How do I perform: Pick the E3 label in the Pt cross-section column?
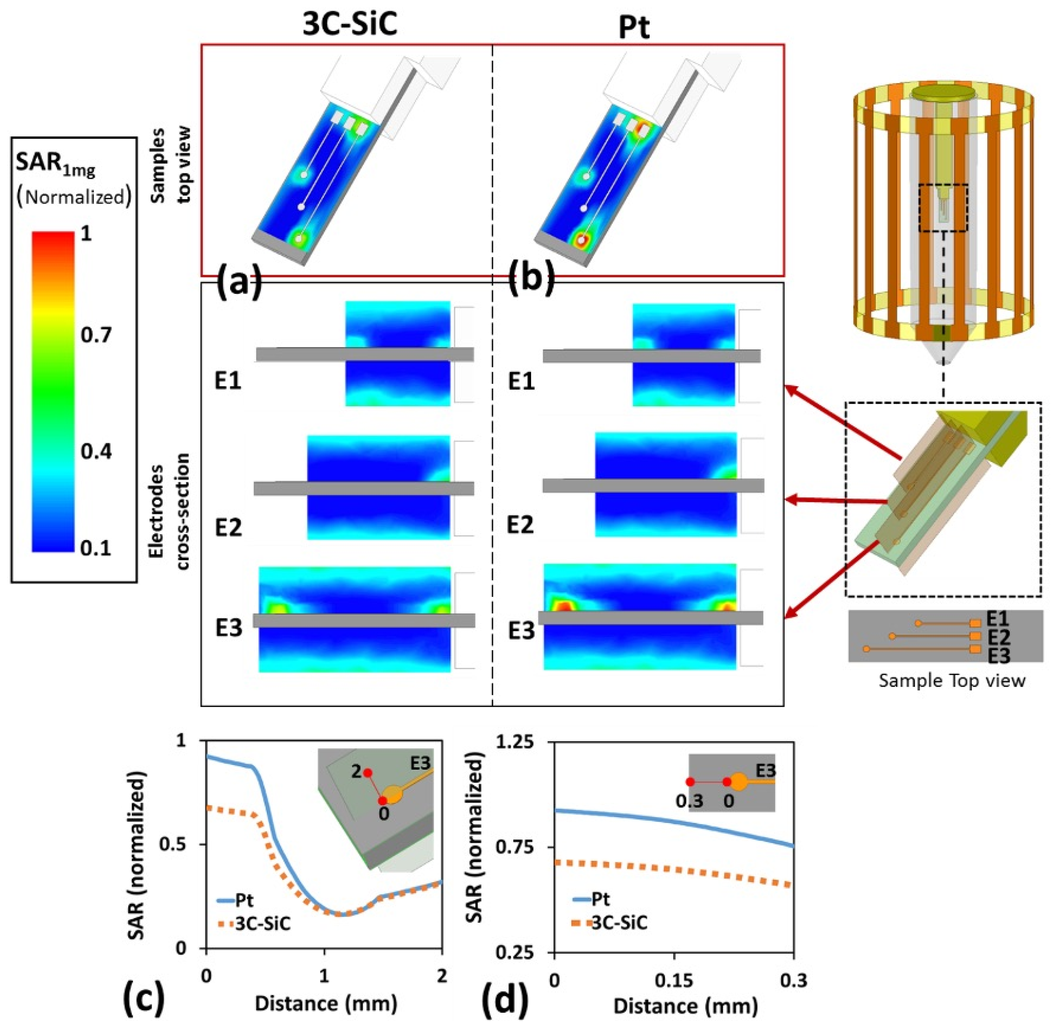[521, 630]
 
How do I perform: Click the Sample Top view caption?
[951, 681]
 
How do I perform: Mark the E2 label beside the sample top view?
[998, 637]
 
